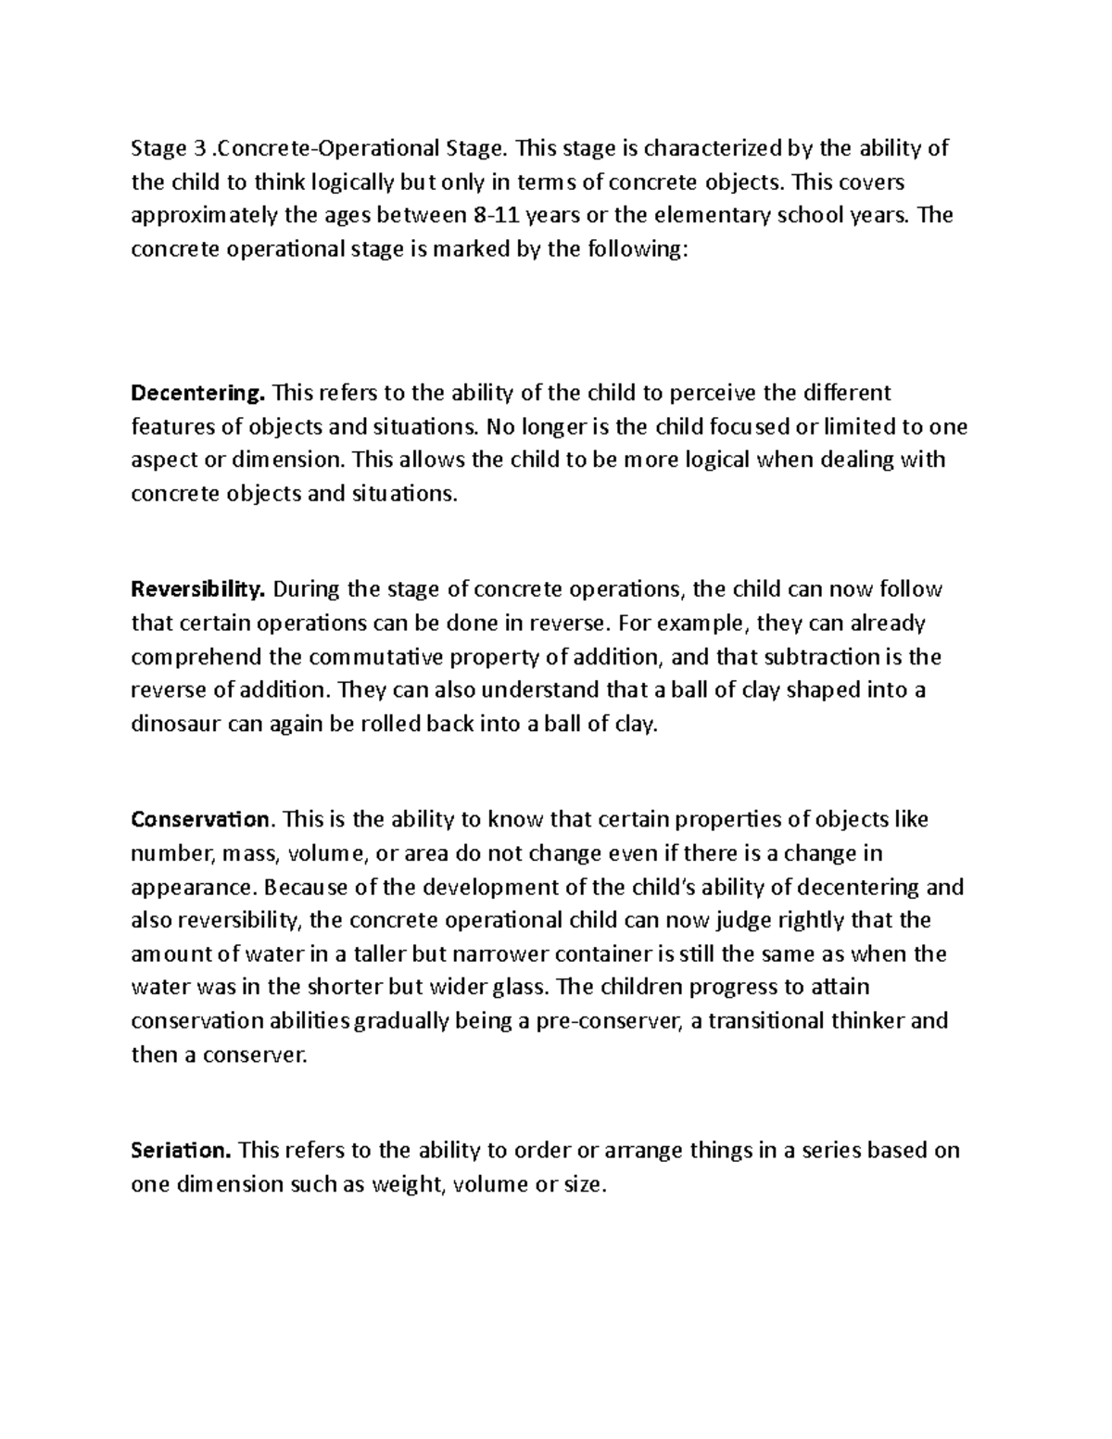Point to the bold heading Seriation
tap(181, 1151)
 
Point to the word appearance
tap(190, 888)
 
